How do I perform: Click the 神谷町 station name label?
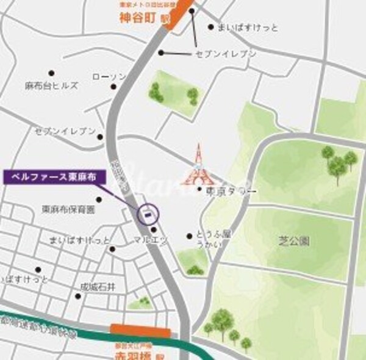140,18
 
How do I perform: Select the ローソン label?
109,77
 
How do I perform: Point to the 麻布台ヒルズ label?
52,86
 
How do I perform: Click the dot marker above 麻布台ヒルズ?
51,73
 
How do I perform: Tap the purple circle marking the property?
148,213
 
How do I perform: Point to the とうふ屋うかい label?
210,239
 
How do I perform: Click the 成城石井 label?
98,286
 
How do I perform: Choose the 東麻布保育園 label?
68,209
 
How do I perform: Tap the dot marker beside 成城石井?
78,296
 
